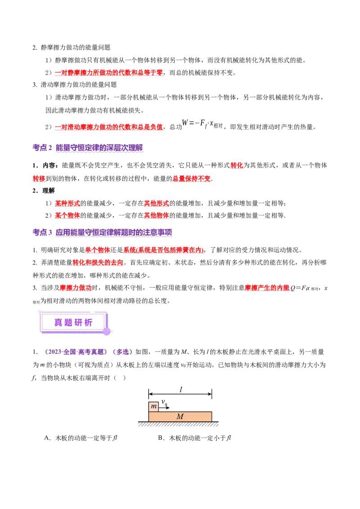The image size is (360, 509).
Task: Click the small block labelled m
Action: (x=153, y=406)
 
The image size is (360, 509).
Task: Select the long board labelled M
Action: (x=180, y=416)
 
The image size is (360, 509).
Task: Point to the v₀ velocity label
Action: (x=164, y=402)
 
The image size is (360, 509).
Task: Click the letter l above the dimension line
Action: (x=181, y=390)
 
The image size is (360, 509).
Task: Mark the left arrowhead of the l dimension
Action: (x=150, y=394)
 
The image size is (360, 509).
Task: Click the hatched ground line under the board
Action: (x=178, y=424)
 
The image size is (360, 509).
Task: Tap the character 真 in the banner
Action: (x=58, y=322)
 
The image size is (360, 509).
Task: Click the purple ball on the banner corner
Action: (x=107, y=331)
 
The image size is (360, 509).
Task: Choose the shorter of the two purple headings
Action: (x=88, y=147)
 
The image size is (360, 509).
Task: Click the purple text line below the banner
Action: (x=88, y=352)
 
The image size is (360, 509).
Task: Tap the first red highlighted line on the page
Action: (x=109, y=73)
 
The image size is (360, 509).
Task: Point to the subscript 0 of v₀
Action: (x=166, y=405)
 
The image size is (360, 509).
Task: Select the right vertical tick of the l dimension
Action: (x=212, y=394)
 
